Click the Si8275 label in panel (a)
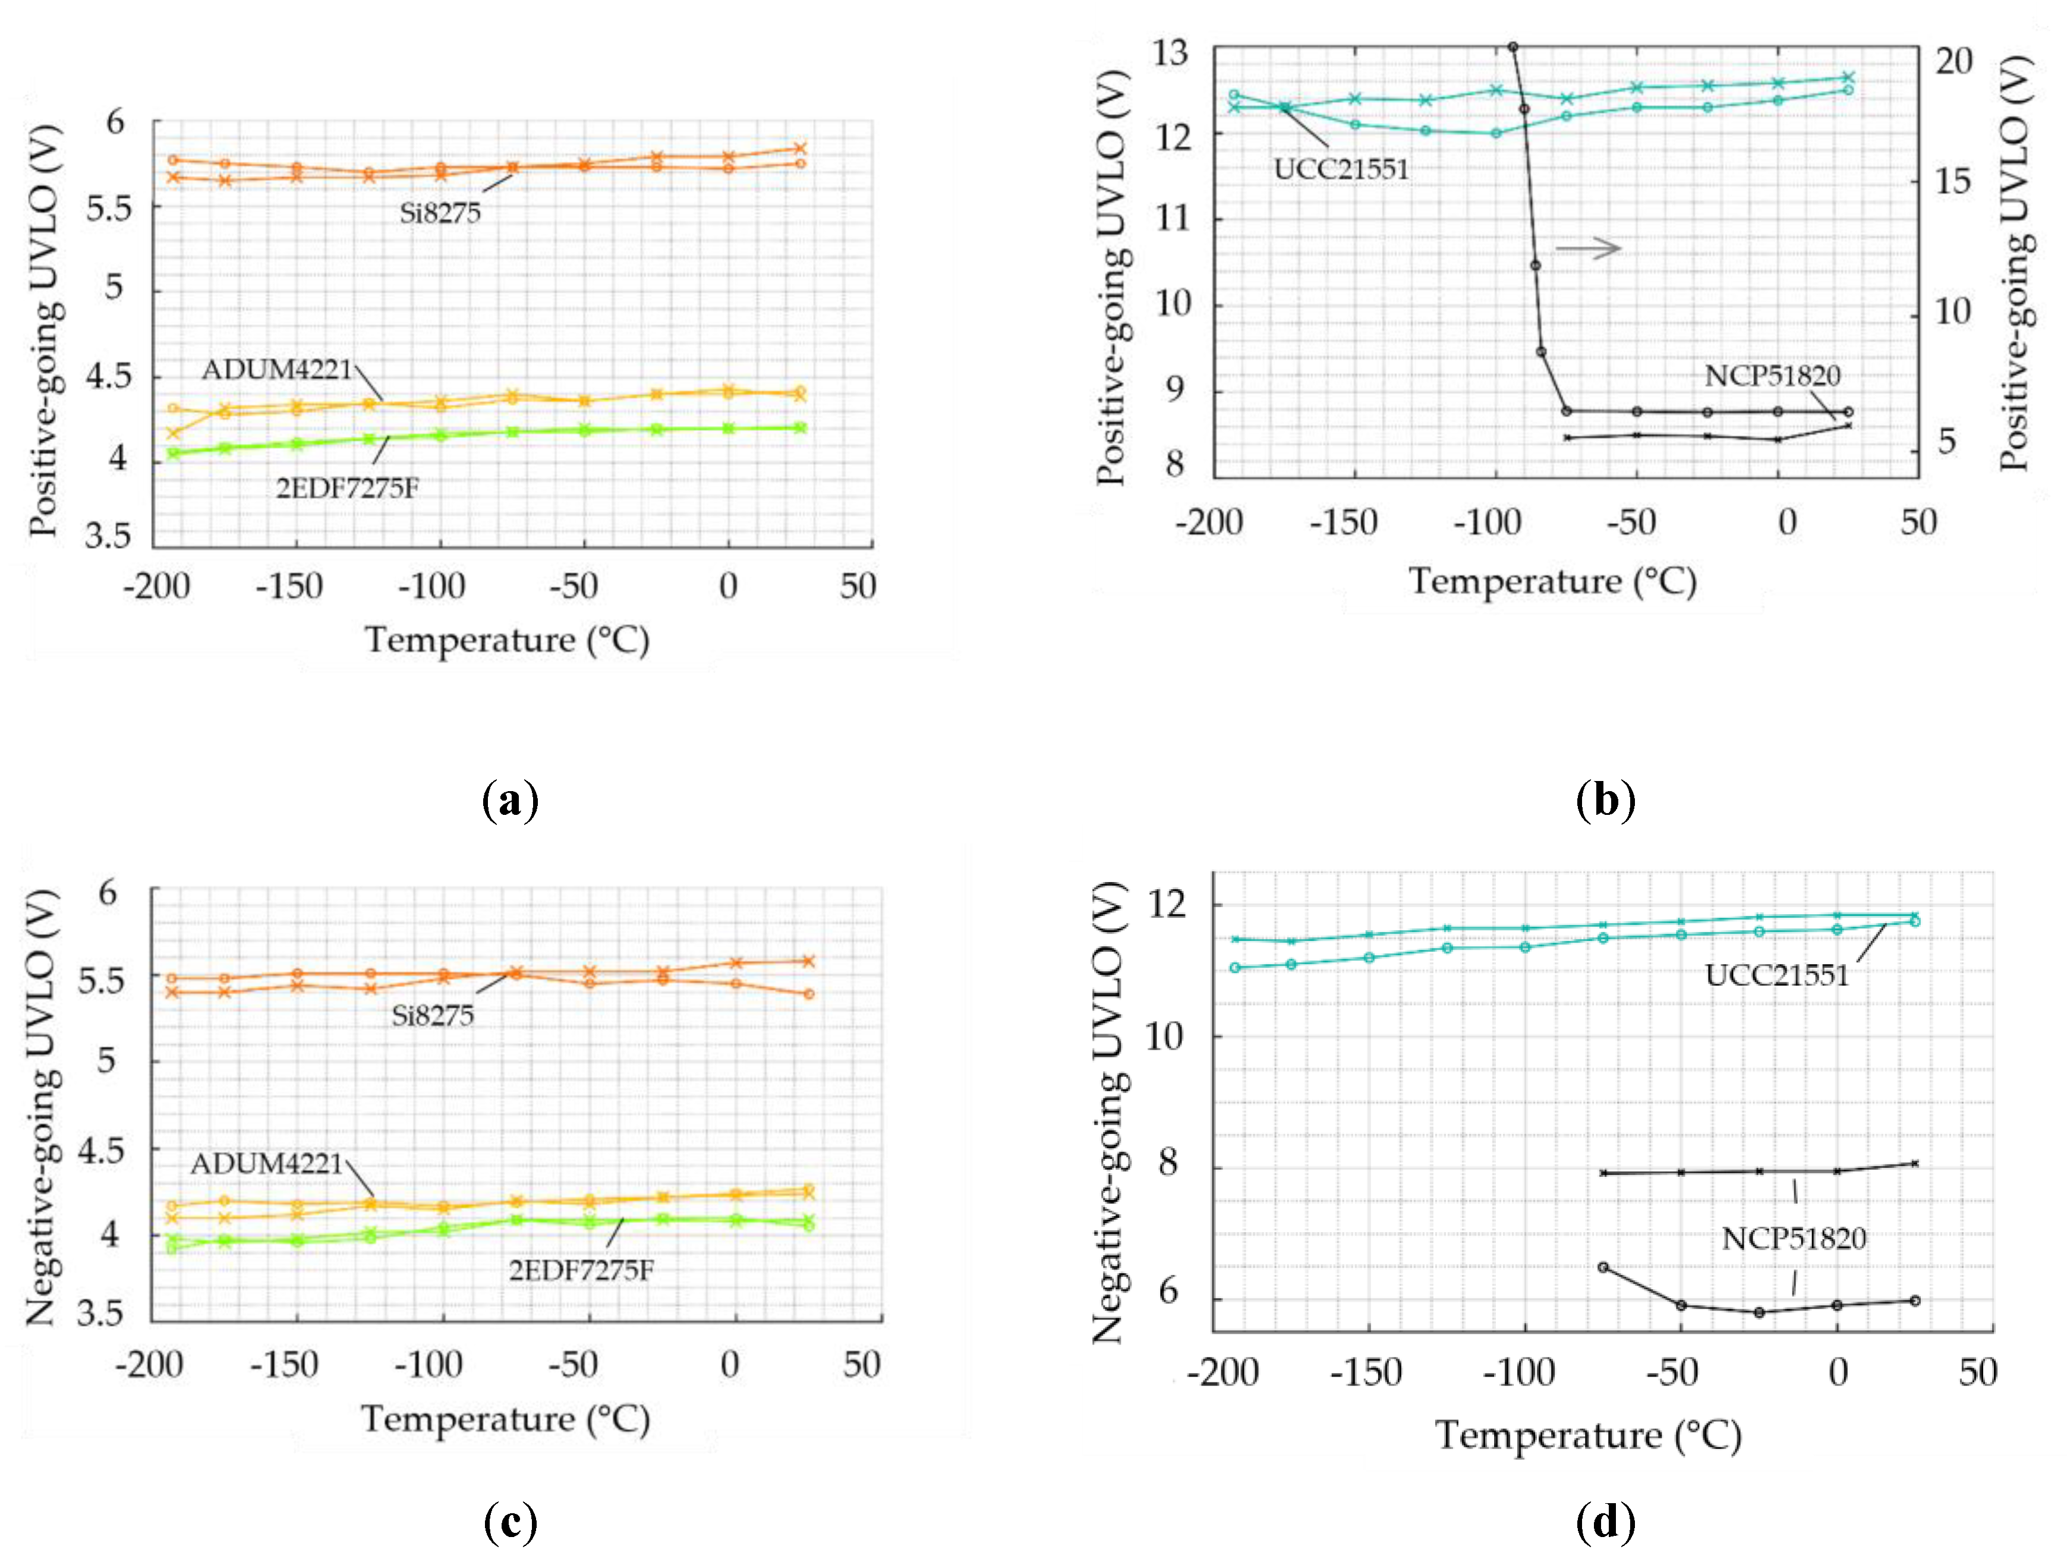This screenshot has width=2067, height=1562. (x=439, y=213)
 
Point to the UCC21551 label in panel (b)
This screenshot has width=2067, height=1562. (x=1340, y=169)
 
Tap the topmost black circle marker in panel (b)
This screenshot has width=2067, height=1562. (x=1512, y=47)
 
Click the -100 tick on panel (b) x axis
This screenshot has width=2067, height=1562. (x=1487, y=522)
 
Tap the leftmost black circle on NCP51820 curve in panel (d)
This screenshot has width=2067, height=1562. (x=1603, y=1268)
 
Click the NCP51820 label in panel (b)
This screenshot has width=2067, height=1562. (x=1772, y=376)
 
